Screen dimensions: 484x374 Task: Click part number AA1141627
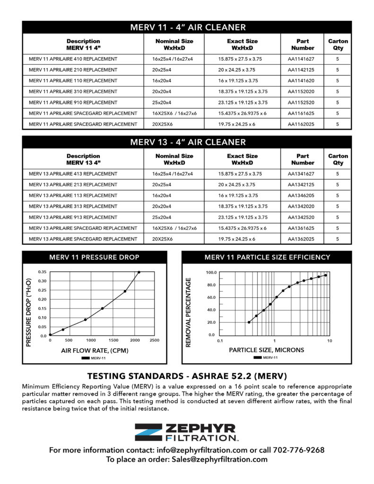click(301, 59)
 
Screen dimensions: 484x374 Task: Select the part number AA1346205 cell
click(301, 196)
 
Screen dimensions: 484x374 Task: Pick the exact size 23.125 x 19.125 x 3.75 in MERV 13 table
click(243, 217)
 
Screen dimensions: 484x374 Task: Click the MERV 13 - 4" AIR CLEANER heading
click(188, 142)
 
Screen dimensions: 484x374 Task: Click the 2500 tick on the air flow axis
click(154, 340)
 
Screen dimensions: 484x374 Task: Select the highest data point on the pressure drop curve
click(139, 272)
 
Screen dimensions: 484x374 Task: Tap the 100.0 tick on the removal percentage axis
click(211, 273)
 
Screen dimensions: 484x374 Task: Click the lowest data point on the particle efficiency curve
click(249, 322)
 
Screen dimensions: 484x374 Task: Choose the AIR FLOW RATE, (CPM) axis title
click(95, 351)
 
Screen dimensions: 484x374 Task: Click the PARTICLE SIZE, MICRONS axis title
click(266, 350)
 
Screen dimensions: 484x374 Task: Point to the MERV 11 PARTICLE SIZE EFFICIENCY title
click(267, 258)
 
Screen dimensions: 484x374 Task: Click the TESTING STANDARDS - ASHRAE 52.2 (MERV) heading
click(188, 376)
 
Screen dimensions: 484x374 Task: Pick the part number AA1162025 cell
click(301, 124)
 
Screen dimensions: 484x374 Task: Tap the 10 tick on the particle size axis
click(330, 341)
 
